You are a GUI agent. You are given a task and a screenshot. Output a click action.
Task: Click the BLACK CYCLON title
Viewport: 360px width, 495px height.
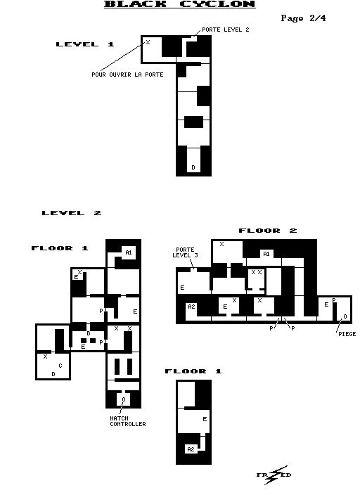point(180,4)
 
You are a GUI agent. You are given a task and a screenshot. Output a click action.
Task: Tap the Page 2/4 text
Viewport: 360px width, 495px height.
point(303,18)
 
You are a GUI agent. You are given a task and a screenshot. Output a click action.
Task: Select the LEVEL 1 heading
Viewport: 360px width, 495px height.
point(85,44)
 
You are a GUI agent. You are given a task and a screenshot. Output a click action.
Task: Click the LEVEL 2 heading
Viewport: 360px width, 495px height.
point(72,213)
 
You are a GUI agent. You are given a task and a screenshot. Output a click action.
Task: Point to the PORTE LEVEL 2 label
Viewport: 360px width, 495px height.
point(226,30)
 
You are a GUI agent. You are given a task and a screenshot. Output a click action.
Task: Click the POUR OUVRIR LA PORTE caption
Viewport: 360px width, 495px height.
point(127,75)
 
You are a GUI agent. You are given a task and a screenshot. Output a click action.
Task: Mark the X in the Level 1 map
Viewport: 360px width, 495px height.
point(148,42)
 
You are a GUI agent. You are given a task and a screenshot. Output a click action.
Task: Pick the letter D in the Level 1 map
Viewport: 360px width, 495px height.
point(193,167)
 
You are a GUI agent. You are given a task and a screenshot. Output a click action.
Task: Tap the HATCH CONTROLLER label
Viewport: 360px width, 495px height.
point(128,421)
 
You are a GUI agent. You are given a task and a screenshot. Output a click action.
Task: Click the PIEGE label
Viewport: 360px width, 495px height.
point(347,334)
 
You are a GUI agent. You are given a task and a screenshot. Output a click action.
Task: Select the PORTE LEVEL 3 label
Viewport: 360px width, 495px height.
point(186,252)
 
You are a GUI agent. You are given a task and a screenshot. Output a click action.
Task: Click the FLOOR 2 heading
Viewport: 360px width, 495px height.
point(268,231)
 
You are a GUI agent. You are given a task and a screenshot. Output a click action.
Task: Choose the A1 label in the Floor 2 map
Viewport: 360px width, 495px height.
point(266,254)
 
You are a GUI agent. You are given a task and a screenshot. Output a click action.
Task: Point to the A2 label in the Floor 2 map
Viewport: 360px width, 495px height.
point(191,307)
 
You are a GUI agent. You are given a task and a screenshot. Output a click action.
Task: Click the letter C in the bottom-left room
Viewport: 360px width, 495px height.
point(60,366)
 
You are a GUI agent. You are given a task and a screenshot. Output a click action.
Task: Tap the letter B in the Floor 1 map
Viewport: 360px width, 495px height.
point(89,333)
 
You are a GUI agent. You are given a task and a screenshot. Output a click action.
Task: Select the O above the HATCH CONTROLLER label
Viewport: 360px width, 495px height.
point(124,399)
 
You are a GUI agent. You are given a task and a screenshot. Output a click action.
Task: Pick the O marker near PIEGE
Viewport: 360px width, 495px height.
point(345,316)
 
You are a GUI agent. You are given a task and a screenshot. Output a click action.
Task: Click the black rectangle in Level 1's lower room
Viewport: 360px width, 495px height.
point(193,122)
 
